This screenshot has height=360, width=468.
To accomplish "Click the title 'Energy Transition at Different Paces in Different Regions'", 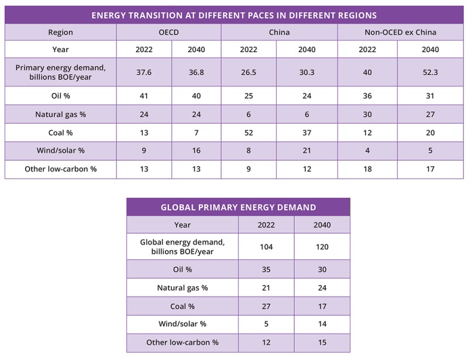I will (x=234, y=15).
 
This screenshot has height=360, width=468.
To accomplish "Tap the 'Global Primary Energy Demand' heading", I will (x=238, y=207).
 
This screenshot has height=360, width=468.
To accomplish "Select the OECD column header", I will (x=168, y=33).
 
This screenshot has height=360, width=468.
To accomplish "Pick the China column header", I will (x=279, y=33).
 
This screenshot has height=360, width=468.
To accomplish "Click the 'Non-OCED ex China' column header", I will (x=400, y=33).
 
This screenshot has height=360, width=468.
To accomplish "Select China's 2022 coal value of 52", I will (x=249, y=132).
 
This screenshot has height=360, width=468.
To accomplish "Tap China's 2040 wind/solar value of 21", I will (x=307, y=150).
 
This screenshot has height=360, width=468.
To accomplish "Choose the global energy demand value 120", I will (x=322, y=247).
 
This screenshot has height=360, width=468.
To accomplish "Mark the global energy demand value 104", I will (x=266, y=247).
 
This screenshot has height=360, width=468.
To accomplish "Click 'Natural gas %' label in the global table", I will (x=183, y=288).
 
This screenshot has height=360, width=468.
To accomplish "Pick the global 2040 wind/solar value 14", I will (x=322, y=324).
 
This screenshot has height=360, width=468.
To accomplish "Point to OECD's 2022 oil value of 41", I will (x=144, y=96).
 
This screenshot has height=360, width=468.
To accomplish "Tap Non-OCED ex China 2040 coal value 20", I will (x=431, y=132).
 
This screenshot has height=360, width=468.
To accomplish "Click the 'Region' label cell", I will (x=61, y=33).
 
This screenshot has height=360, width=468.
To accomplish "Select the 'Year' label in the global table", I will (x=183, y=224).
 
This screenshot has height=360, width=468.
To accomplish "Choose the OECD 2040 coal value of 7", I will (x=197, y=132).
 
